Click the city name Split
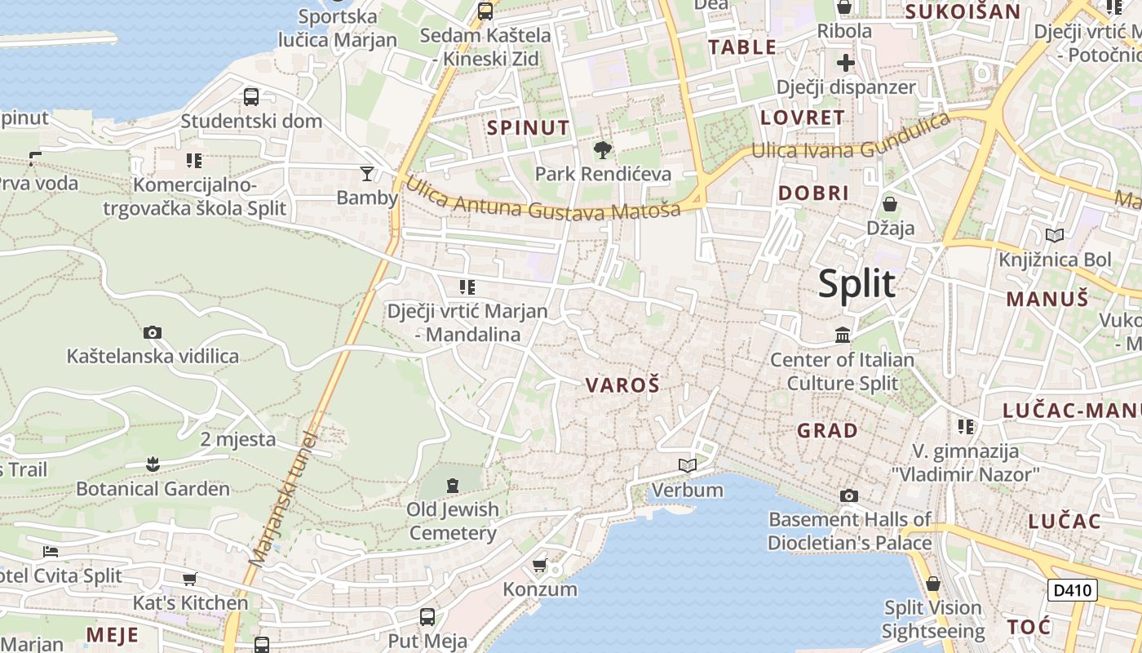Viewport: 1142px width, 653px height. (856, 284)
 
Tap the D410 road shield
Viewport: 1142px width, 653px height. (1072, 590)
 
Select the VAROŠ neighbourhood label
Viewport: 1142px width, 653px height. (622, 385)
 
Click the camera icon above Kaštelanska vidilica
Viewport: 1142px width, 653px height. (153, 332)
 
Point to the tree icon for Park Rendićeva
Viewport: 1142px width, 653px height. (603, 149)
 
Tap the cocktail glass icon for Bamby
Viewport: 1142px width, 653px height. (367, 173)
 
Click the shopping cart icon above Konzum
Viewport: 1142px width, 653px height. (539, 565)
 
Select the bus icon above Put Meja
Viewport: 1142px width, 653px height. (427, 616)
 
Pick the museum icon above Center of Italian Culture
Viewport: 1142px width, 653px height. (843, 335)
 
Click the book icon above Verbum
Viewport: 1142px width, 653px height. (688, 465)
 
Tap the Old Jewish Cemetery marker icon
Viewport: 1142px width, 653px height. (453, 486)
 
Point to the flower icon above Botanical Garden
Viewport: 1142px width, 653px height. (153, 464)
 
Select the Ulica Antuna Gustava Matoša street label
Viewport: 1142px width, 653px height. (542, 200)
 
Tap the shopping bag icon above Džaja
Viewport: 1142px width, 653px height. (890, 203)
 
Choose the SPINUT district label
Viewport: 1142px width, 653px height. (528, 127)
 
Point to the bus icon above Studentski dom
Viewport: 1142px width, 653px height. (251, 97)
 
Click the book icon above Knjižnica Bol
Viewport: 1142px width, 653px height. (1055, 235)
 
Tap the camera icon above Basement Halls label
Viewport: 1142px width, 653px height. (849, 495)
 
